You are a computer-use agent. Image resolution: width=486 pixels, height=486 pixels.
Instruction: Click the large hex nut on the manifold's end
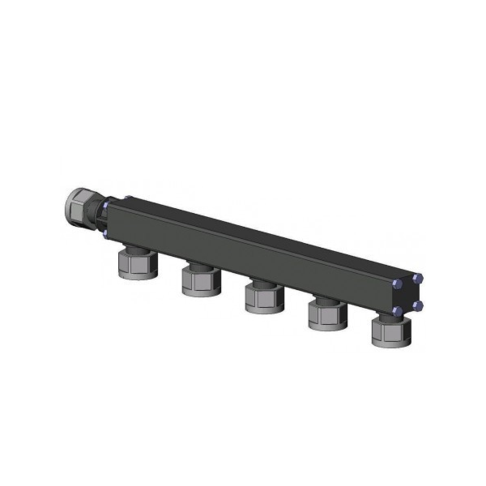coord(79,207)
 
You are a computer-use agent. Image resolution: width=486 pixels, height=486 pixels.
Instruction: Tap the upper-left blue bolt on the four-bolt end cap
coord(396,285)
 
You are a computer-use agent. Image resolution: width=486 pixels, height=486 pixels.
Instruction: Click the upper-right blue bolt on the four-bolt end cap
coord(418,278)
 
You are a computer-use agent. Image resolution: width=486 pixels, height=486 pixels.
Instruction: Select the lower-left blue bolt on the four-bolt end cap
coord(397,311)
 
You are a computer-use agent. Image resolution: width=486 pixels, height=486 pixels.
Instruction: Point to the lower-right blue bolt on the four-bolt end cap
coord(418,305)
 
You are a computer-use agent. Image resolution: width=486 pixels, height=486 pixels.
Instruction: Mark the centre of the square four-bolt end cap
coord(407,295)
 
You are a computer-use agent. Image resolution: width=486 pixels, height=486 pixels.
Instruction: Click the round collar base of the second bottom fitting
coord(199,292)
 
